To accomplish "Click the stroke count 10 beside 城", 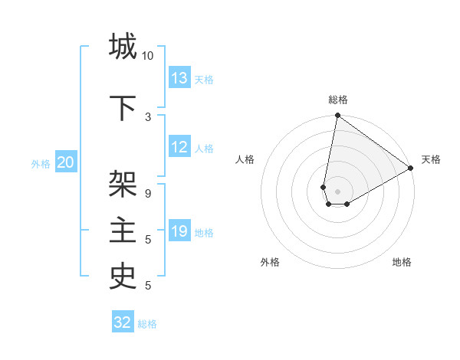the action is [148, 55].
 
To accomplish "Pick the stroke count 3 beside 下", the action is [148, 116].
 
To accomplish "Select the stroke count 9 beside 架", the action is [148, 193].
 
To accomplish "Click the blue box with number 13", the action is [179, 77].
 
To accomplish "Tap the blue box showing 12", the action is [179, 147].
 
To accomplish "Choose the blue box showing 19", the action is [179, 231].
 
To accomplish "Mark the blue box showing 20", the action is [66, 162].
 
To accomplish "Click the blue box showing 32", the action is [123, 322].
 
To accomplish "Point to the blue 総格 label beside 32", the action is [147, 324].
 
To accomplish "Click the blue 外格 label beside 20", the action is [41, 163].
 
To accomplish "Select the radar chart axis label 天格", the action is [431, 159].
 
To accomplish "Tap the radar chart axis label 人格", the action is [245, 159].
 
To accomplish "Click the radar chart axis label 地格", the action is [402, 262].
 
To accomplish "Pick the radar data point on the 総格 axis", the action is [337, 116].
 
